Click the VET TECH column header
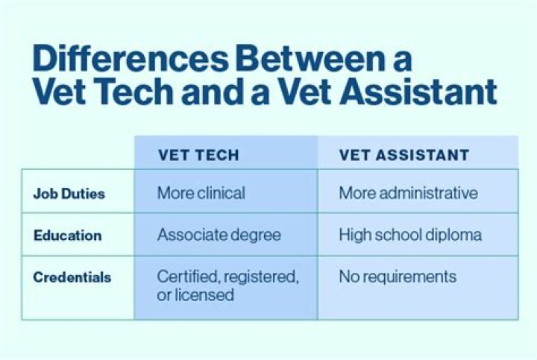point(198,155)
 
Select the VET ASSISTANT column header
point(404,155)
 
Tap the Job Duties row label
point(69,194)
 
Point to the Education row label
point(67,236)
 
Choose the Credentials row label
point(72,277)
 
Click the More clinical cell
point(201,193)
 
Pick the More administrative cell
point(408,193)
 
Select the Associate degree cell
point(219,235)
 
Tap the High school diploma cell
point(410,235)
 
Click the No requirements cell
point(397,277)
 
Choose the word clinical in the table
point(221,193)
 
